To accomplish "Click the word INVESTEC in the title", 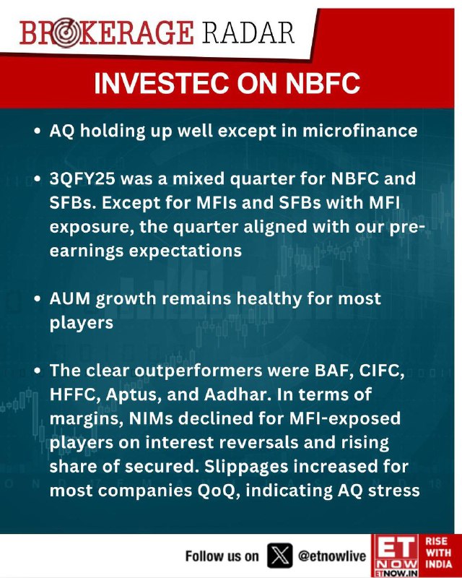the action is tap(162, 82).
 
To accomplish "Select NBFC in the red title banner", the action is tap(323, 82).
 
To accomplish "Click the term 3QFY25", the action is tap(82, 178).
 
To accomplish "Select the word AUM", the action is tap(70, 298).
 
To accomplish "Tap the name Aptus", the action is tap(133, 395).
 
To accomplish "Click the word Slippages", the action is tap(246, 467).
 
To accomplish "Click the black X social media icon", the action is tap(279, 555).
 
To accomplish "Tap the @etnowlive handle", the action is tap(332, 556).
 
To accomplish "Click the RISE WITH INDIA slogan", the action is tap(439, 553).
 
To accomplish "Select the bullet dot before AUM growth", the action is tap(37, 298).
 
